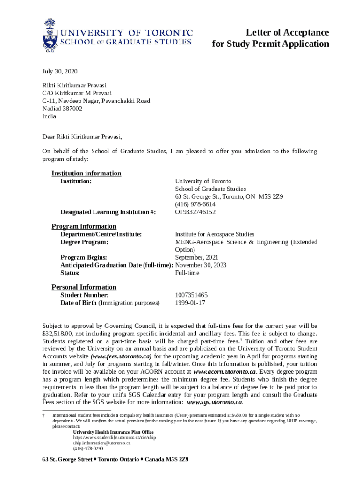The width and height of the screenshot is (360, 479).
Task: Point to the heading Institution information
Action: click(x=86, y=174)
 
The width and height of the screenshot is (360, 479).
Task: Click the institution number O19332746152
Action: click(x=195, y=212)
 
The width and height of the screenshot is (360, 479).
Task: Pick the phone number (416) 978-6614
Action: click(x=195, y=204)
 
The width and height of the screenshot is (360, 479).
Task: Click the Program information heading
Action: click(x=84, y=226)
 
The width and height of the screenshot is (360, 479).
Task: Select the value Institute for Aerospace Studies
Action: click(x=215, y=234)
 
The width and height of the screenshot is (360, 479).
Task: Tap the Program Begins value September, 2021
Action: click(x=196, y=257)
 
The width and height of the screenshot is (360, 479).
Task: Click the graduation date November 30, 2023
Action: click(x=201, y=265)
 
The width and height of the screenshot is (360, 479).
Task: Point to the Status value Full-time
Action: click(x=187, y=273)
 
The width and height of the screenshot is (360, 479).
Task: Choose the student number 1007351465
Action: click(x=191, y=295)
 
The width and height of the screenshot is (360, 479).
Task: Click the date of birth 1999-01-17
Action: click(x=190, y=303)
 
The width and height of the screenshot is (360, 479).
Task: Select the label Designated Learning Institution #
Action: click(x=108, y=212)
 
